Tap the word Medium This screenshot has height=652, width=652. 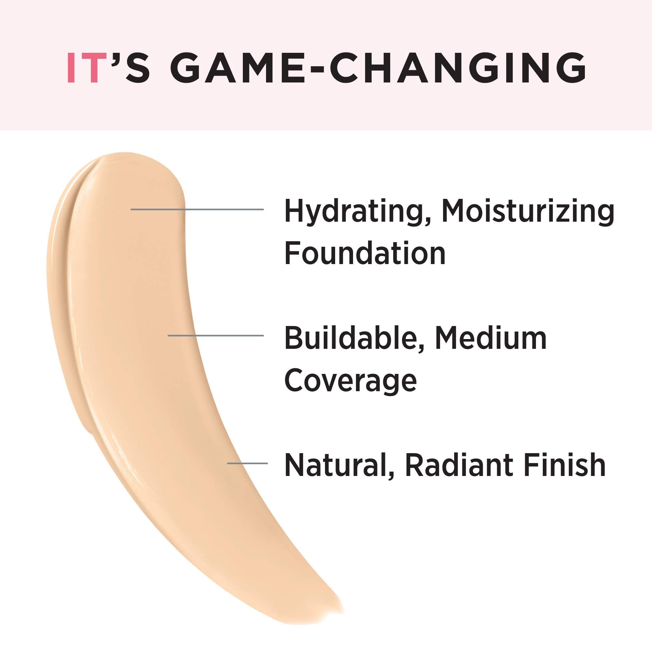(491, 338)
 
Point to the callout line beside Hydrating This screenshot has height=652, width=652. (197, 210)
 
